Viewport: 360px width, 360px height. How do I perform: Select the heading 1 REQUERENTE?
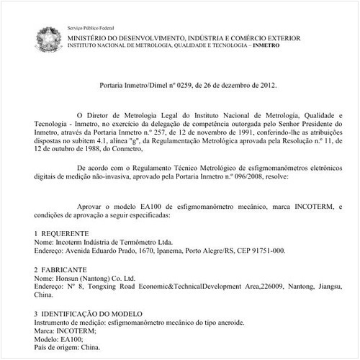pyautogui.click(x=61, y=234)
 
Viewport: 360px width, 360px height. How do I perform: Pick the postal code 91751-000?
pyautogui.click(x=265, y=251)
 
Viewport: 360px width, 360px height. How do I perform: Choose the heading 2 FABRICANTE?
pyautogui.click(x=61, y=269)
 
